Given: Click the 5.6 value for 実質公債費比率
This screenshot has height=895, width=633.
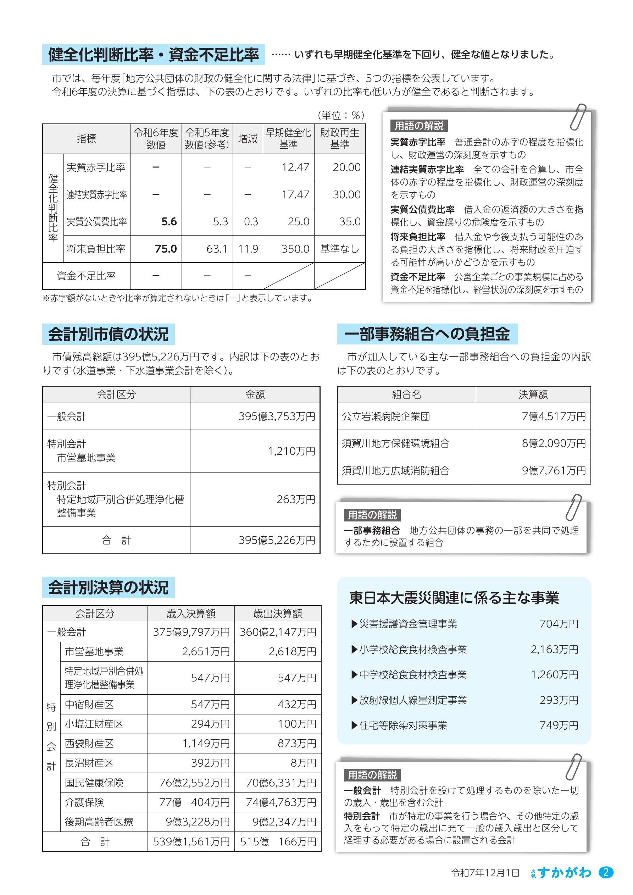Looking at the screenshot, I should tap(169, 221).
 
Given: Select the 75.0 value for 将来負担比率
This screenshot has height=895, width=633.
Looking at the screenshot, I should tap(166, 249).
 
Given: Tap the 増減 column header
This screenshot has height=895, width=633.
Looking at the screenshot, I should tap(248, 138).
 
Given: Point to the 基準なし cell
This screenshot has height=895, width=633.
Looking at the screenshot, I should tap(339, 249).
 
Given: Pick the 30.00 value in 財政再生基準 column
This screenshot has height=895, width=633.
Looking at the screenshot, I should tap(346, 194).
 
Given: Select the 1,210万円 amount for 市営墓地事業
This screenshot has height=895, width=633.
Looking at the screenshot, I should tap(291, 451).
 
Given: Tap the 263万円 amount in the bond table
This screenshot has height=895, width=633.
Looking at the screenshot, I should tap(296, 499).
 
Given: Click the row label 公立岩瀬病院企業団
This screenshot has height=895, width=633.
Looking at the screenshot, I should tap(385, 416).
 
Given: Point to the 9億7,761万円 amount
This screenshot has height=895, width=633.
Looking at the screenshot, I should tap(554, 470).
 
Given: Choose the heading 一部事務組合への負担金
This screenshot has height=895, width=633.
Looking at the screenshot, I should tap(427, 334).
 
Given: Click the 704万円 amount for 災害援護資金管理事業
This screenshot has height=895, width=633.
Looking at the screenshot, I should tap(559, 624).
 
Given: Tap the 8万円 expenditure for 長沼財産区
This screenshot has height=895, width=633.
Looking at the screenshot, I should tap(303, 763).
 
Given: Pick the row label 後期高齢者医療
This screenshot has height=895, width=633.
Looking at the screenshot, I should tap(99, 822).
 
